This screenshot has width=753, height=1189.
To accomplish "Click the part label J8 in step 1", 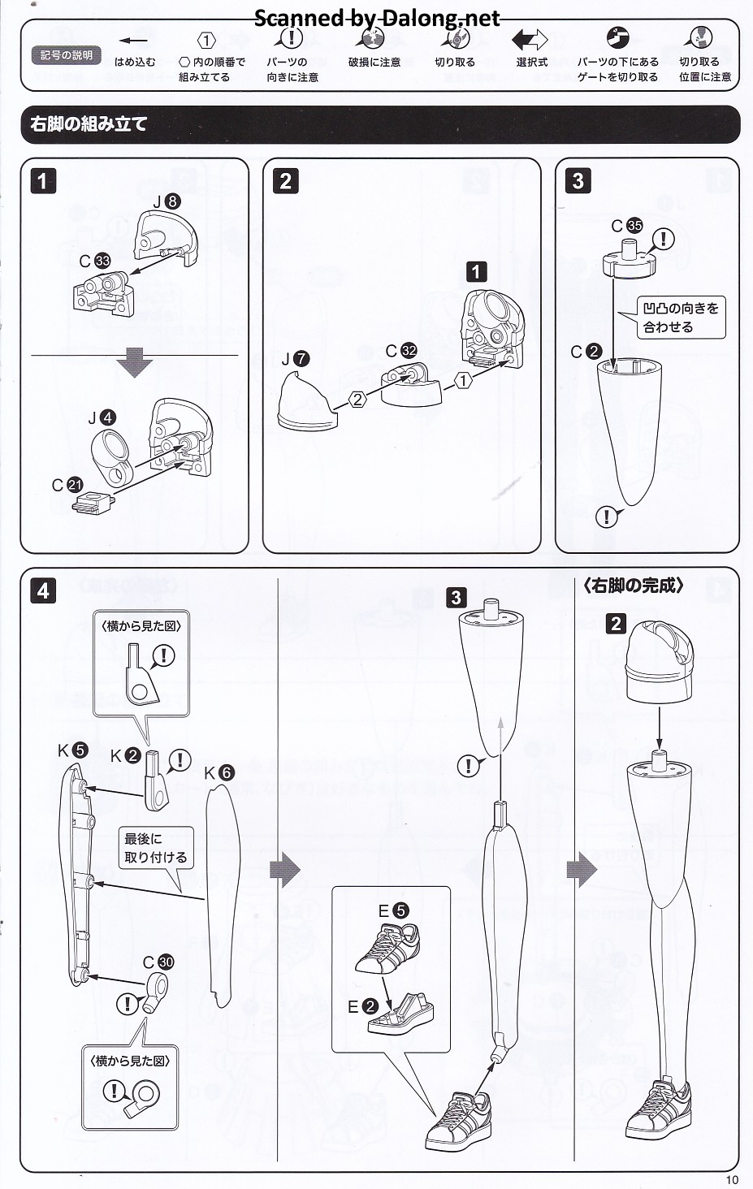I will (x=167, y=201).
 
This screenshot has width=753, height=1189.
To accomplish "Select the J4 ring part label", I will (x=102, y=418).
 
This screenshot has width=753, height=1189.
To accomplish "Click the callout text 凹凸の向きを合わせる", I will (x=681, y=318).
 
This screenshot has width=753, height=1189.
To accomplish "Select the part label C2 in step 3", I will (x=586, y=352).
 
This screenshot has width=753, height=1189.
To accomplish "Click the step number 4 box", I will (x=43, y=590).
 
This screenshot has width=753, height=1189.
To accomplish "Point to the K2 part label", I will (x=126, y=756).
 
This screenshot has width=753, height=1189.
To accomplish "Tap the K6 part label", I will (x=219, y=772).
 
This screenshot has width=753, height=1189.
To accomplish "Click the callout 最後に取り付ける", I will (x=155, y=847).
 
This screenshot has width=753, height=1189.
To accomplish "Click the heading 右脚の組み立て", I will (x=89, y=124).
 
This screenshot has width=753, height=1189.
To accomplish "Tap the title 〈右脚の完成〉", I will (x=634, y=586).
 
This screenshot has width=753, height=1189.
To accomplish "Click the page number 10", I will (x=732, y=1179).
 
